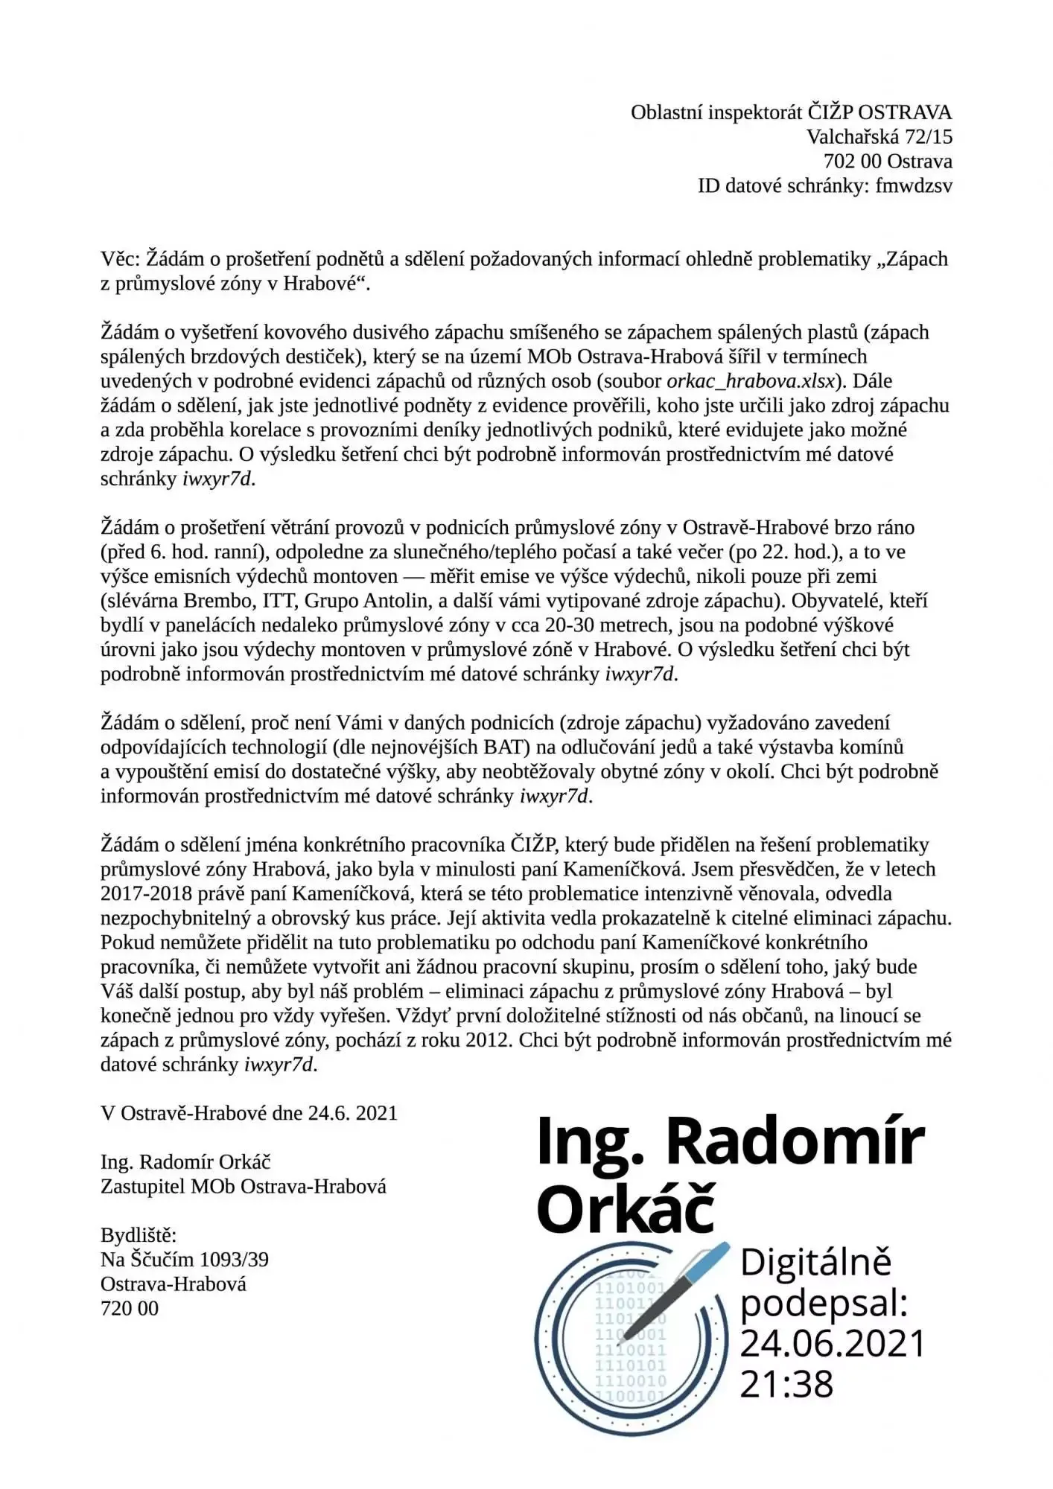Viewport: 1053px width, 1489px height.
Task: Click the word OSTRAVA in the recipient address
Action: coord(905,112)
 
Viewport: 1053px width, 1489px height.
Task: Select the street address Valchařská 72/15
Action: coord(879,137)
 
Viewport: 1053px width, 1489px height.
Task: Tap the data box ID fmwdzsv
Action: coord(914,186)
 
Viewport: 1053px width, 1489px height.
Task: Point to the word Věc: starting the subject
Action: coord(120,259)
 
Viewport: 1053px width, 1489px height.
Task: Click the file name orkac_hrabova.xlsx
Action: coord(751,381)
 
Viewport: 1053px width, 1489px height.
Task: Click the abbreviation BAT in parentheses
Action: coord(503,747)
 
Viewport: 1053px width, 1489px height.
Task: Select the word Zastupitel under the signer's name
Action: coord(142,1187)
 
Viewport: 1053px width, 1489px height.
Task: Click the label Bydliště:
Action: coord(139,1236)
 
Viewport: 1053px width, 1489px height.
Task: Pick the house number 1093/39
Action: coord(233,1260)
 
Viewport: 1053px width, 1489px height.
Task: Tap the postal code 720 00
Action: coord(130,1308)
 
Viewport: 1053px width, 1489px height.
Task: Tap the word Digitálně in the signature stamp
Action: coord(815,1263)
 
